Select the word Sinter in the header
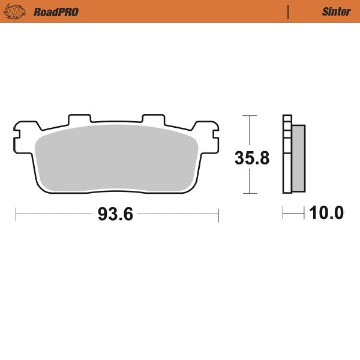[336, 12]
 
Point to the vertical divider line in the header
[288, 11]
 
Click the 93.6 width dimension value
[115, 214]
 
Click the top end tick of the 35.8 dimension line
[249, 115]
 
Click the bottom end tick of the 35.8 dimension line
[249, 193]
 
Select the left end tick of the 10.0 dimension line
[283, 213]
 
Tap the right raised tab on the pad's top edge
[152, 119]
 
